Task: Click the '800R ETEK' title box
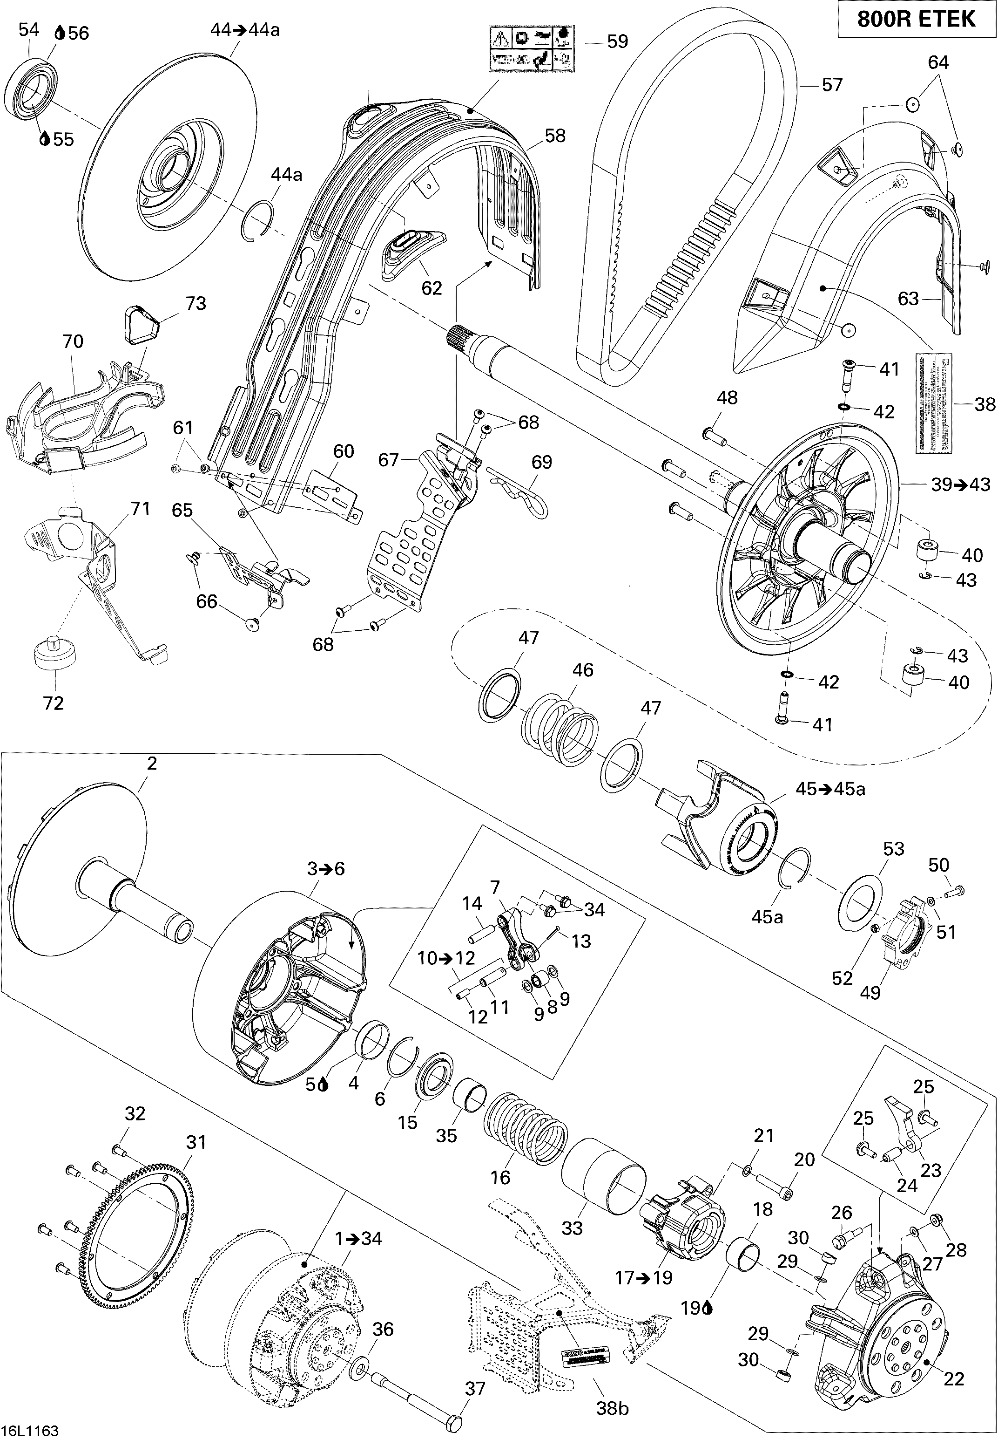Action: click(916, 20)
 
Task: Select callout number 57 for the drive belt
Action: click(832, 84)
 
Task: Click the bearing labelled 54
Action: click(31, 89)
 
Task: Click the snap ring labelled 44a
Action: click(257, 219)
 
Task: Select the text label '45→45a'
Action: click(830, 789)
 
